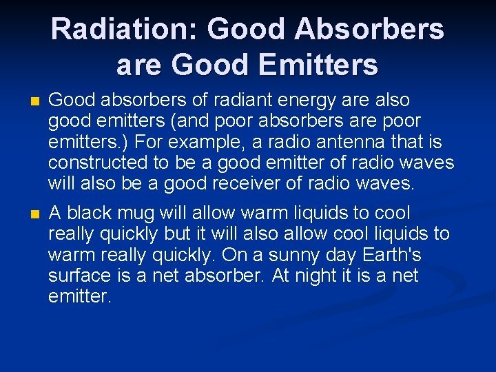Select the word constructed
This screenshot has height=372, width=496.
pyautogui.click(x=93, y=163)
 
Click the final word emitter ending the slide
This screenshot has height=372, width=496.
pyautogui.click(x=79, y=296)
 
